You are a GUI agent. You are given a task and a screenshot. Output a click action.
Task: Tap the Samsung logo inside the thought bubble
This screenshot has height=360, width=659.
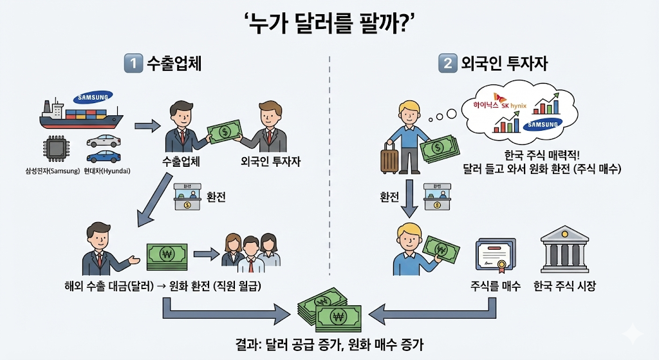click(542, 124)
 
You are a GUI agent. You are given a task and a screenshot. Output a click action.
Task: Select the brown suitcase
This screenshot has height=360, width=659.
click(390, 157)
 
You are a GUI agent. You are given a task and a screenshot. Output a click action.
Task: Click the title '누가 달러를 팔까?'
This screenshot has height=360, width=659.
click(329, 24)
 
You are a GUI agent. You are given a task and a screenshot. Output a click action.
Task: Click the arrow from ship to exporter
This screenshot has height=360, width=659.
click(146, 126)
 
